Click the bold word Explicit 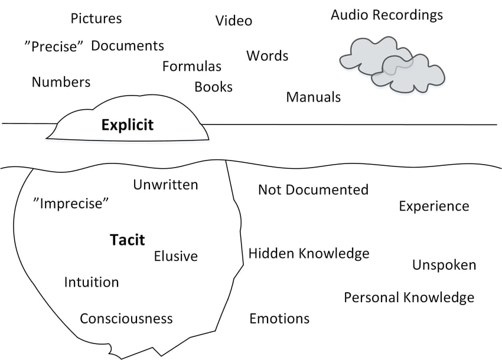128,125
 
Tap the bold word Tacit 127,240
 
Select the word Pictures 96,18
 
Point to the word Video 234,21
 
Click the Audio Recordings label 387,15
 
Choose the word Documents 128,46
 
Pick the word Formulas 192,66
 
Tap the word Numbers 61,82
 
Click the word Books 214,87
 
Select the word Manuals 314,97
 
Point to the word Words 268,55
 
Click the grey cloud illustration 392,65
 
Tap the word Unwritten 165,185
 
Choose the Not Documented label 314,189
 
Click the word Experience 434,207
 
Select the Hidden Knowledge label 309,253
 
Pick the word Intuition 92,282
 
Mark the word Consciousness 126,319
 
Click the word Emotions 279,319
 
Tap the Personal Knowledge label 409,297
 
